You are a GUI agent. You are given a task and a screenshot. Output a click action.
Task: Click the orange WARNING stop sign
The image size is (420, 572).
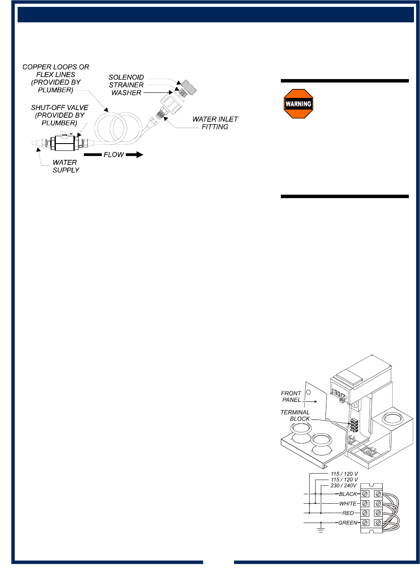pos(298,104)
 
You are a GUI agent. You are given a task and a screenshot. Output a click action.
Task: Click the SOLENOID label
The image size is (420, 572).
pos(126,77)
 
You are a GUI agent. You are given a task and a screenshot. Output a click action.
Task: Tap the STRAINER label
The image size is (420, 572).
pos(126,85)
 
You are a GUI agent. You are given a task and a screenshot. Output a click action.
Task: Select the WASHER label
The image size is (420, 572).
pos(126,93)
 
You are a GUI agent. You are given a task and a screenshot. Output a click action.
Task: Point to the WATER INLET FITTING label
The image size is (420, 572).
pos(215,123)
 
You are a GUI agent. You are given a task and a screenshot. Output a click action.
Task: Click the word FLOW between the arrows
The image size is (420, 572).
pos(114,155)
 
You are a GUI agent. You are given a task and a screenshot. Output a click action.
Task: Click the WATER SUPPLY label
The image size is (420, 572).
pos(66,166)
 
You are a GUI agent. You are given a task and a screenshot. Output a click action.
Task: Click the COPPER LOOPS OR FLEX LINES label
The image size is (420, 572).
pos(56,78)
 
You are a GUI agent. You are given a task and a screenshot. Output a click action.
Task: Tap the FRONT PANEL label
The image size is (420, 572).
pos(291,397)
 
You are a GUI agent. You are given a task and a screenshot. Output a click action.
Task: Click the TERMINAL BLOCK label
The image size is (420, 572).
pos(295,416)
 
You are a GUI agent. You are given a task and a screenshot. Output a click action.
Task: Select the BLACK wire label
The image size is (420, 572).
pos(348,494)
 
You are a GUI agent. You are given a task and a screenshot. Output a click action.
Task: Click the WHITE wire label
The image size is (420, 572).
pos(348,504)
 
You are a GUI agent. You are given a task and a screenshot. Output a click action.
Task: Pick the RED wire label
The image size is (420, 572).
pos(348,513)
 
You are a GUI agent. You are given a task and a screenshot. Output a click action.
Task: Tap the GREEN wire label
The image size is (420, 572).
pos(347,523)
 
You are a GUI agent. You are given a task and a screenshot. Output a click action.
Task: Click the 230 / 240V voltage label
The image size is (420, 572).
pos(344,486)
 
